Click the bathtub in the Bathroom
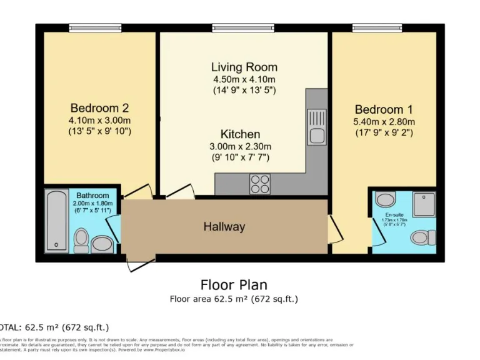click(x=57, y=220)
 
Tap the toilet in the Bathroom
click(x=81, y=239)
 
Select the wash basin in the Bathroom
click(x=101, y=242)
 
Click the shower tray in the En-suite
click(x=424, y=204)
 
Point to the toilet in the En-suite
click(x=424, y=237)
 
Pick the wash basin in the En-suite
click(x=386, y=200)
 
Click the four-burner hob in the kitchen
click(x=260, y=183)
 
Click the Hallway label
click(x=224, y=227)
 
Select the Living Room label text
click(x=244, y=67)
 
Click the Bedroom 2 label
click(x=99, y=107)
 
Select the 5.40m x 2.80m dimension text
click(x=384, y=121)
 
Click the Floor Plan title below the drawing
click(x=234, y=285)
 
